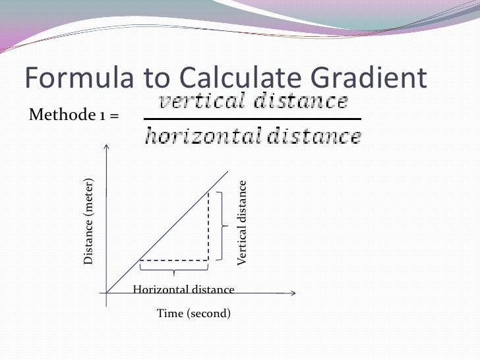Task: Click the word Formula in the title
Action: (x=78, y=79)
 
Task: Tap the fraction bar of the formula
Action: (x=251, y=119)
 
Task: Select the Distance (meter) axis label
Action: (x=88, y=222)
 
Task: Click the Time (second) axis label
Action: (x=194, y=313)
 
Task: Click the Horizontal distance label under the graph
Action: (x=183, y=289)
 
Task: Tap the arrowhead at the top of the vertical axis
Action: (x=107, y=142)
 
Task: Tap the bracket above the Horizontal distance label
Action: (x=174, y=270)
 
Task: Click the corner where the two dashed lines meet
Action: (x=208, y=260)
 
